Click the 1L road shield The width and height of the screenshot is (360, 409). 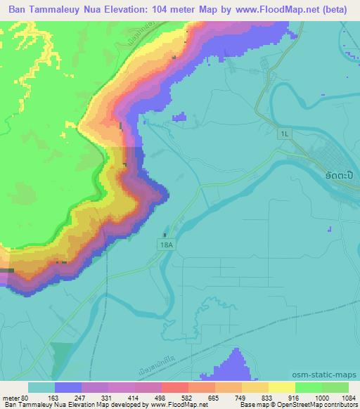(284, 133)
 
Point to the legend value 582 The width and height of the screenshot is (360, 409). (176, 398)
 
